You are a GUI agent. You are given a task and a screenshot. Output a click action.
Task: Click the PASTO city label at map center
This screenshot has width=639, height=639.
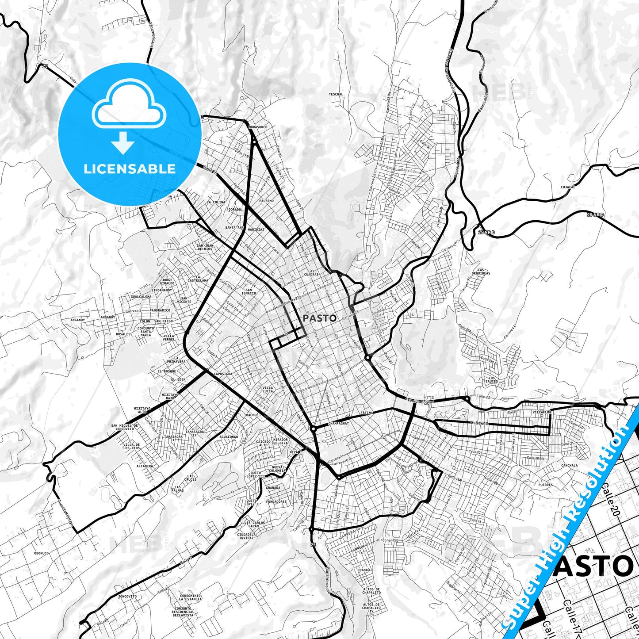coord(319,318)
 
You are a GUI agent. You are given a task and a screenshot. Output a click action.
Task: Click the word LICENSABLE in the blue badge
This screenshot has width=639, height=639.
coord(130,168)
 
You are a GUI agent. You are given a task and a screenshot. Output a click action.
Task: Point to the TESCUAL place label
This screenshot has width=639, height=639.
coord(336,94)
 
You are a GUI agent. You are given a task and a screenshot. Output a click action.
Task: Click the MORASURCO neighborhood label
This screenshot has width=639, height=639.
coord(258,127)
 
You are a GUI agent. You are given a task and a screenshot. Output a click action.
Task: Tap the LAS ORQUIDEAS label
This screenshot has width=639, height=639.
coord(484,272)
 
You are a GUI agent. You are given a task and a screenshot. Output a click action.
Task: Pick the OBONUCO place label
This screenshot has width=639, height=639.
coord(41,553)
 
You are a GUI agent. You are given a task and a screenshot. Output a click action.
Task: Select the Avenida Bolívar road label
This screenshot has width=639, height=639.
coord(419,401)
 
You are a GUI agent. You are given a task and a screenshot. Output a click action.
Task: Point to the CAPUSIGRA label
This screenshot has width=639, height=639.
coord(222,374)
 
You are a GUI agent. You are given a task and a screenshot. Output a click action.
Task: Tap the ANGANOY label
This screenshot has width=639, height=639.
coord(107,317)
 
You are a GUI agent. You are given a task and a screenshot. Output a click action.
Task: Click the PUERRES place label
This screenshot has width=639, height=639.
coord(546,485)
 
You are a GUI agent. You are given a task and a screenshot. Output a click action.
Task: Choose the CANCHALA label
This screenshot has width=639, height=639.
coord(569,465)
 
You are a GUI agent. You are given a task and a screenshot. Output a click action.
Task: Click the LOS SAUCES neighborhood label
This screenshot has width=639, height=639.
coord(491,379)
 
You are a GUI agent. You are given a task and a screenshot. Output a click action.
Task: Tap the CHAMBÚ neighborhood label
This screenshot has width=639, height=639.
coord(364,570)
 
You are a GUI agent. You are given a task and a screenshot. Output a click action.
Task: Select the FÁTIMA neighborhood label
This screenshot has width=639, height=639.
coord(367,413)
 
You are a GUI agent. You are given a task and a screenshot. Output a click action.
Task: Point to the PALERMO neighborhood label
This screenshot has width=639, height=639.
coord(267,201)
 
